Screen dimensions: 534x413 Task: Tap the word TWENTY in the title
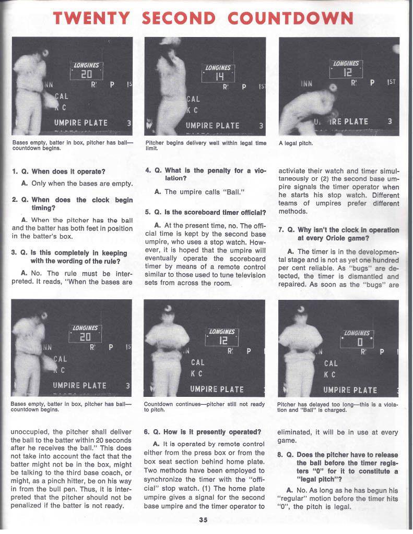[92, 19]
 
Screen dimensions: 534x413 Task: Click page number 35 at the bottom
[204, 519]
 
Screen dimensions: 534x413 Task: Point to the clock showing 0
[358, 342]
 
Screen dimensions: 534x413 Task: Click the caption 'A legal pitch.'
[296, 143]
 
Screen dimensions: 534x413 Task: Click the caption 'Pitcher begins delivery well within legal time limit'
[205, 145]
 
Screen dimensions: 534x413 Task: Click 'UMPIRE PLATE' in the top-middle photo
[213, 126]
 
